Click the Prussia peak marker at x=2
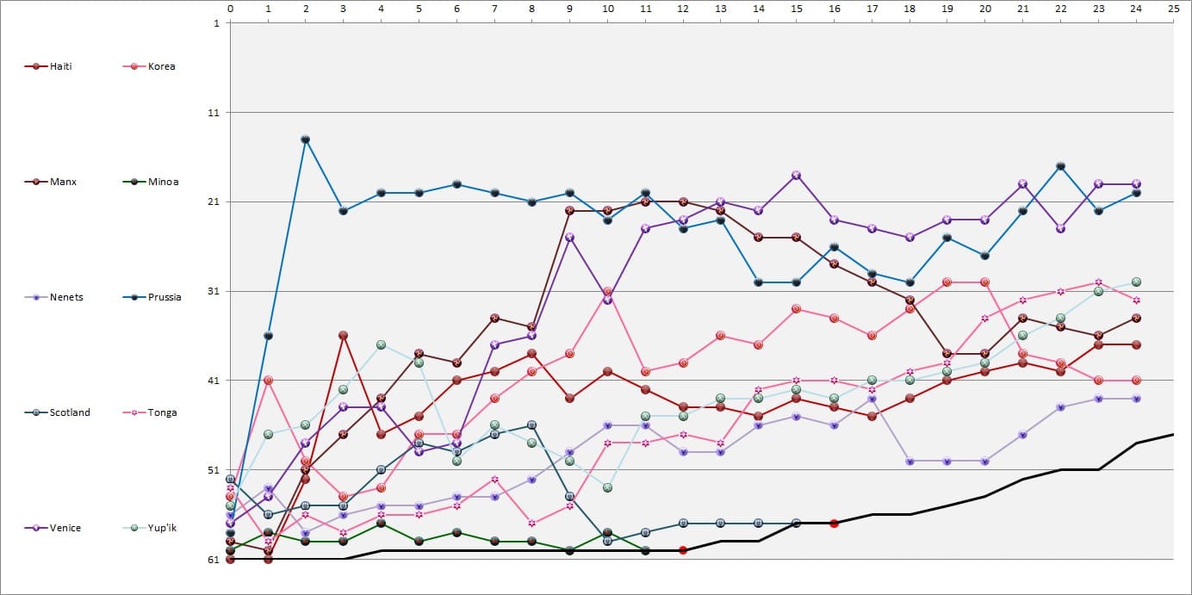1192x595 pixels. (x=306, y=139)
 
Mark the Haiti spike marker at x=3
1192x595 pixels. (x=344, y=335)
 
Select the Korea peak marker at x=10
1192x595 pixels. (x=608, y=291)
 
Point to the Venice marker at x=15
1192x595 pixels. (x=797, y=175)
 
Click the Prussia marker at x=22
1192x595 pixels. (x=1061, y=166)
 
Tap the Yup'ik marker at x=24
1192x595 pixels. (x=1137, y=282)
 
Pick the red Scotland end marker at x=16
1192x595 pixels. (x=835, y=523)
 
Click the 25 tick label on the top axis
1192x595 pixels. (x=1173, y=9)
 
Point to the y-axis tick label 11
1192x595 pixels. (x=215, y=113)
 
